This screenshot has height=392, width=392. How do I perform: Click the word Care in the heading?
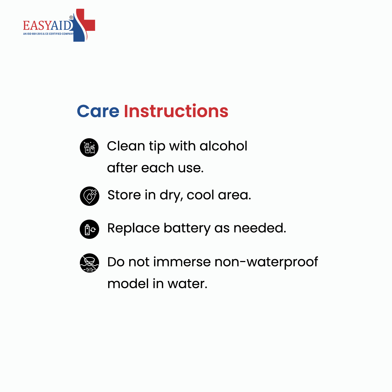point(98,111)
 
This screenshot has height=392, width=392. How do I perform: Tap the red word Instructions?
point(176,111)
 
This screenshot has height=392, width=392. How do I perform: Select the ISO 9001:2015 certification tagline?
point(49,34)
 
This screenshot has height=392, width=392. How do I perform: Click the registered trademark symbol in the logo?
point(71,17)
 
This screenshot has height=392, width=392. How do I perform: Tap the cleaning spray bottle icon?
point(89,147)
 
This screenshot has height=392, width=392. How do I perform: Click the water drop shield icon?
point(90,196)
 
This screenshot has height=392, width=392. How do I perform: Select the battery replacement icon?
point(90,229)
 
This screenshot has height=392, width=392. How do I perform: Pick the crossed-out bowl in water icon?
point(90,263)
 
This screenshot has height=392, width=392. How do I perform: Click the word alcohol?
point(223,146)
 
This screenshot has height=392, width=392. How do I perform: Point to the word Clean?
point(126,146)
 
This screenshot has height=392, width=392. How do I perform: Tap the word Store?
point(124,195)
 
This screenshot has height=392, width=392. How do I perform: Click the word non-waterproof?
point(266,262)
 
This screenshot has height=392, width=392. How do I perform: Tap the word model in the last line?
point(128,283)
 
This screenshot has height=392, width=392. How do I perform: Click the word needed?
point(260,228)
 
